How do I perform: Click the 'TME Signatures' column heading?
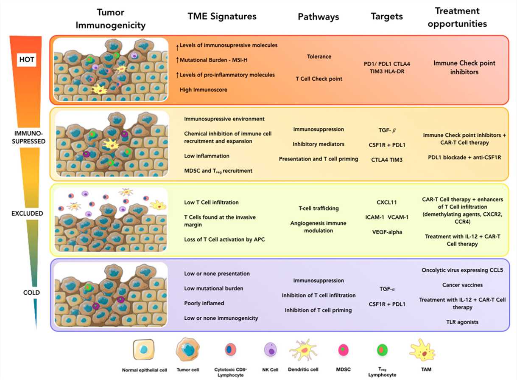(222, 17)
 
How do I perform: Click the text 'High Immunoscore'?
(203, 90)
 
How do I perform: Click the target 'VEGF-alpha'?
(386, 231)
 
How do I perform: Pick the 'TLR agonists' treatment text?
(462, 322)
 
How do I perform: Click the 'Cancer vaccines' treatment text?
(462, 285)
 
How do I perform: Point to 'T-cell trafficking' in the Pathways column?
(318, 208)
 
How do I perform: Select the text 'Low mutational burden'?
(213, 288)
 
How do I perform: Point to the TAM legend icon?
(422, 351)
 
